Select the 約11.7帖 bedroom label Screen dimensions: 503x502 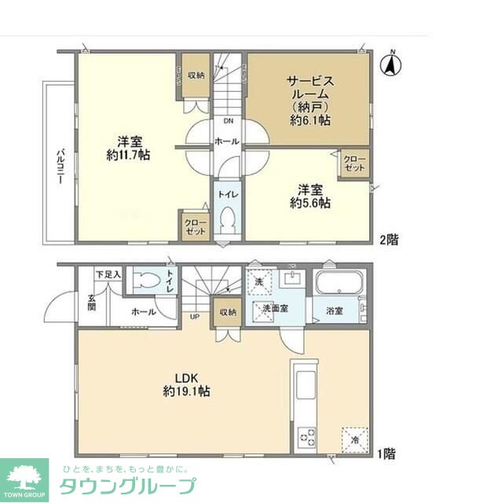tap(129, 149)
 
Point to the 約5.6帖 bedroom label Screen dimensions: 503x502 tap(309, 196)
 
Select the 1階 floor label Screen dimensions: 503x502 tap(386, 453)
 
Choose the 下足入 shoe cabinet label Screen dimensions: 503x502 tap(108, 274)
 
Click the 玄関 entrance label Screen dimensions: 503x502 tap(92, 303)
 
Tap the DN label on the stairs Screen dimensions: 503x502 tap(228, 121)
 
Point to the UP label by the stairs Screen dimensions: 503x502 tap(194, 317)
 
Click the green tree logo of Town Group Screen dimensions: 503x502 tap(24, 475)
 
